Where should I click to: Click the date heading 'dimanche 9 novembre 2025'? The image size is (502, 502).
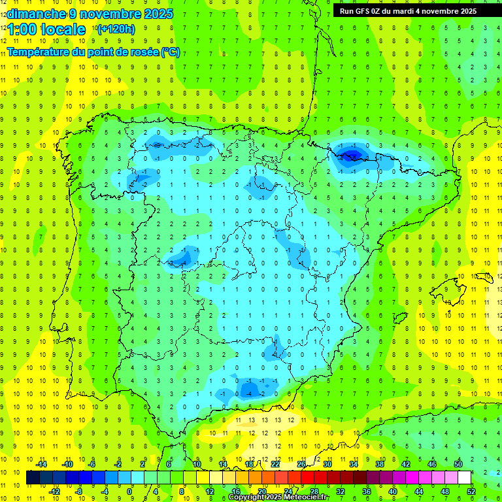(90, 14)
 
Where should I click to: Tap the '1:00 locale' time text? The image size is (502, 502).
(46, 29)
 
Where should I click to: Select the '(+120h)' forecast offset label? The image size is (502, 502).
(116, 29)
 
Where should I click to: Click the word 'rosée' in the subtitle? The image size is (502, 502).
(142, 52)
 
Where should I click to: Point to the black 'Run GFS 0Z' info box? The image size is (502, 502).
(408, 10)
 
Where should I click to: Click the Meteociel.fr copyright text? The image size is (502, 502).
(278, 497)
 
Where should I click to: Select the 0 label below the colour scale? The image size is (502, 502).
(130, 492)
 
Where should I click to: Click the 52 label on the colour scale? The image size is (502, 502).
(471, 492)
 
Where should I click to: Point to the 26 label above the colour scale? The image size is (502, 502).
(301, 464)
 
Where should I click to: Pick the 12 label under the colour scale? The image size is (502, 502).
(209, 492)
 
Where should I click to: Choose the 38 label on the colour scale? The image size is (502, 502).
(380, 464)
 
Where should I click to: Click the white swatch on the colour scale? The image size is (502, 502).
(464, 478)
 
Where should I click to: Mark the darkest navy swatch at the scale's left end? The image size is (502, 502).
(33, 478)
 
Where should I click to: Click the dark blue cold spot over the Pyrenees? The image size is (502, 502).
(352, 155)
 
